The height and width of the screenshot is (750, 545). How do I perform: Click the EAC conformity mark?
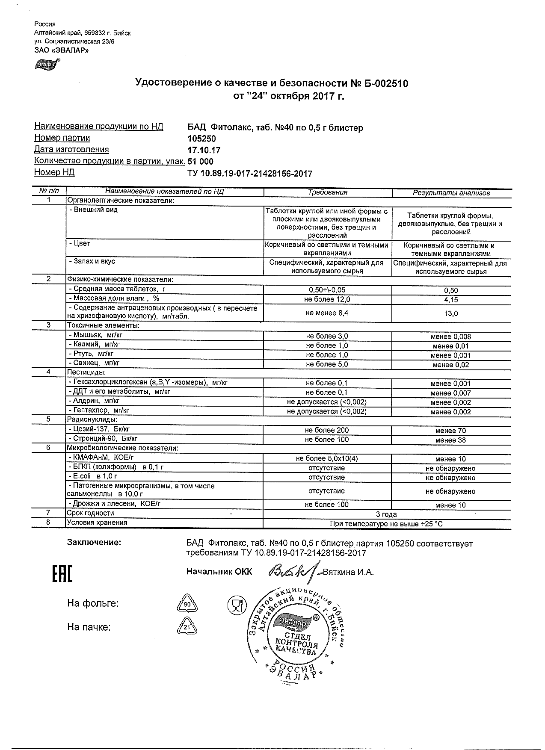tap(62, 574)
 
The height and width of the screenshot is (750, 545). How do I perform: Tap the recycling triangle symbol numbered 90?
tap(187, 604)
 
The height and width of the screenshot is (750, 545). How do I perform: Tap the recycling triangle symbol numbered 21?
tap(187, 627)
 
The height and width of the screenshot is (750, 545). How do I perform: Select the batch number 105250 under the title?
tap(202, 139)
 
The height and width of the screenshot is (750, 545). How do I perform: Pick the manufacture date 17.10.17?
tap(204, 150)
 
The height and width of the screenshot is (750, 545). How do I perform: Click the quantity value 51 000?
tap(201, 162)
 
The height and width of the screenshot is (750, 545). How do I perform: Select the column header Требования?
tap(328, 192)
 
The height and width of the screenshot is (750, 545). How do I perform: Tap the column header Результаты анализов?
tap(451, 193)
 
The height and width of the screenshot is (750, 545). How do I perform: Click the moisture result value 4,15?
tap(451, 300)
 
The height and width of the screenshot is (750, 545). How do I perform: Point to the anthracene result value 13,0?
tap(451, 313)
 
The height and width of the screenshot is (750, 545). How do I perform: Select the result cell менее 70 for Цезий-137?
tap(450, 431)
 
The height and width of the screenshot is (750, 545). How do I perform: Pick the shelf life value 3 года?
tap(386, 514)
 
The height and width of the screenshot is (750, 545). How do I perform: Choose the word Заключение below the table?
tap(94, 543)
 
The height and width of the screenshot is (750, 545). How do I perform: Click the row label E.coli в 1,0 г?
tap(93, 476)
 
